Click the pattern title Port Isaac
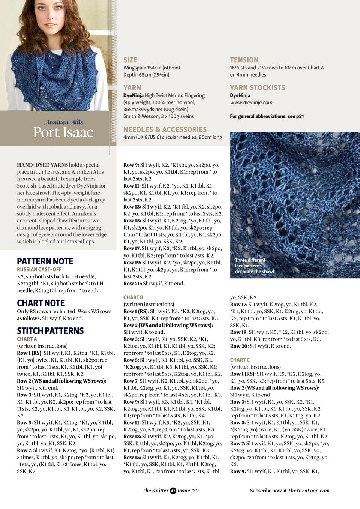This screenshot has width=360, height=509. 63,132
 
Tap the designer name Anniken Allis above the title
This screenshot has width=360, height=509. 64,122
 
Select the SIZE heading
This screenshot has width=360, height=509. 130,60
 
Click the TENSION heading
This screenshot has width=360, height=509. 244,60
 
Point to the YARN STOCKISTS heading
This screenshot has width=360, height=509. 257,88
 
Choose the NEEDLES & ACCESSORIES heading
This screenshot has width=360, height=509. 165,129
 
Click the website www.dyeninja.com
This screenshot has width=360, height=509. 251,102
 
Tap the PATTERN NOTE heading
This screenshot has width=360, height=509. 45,261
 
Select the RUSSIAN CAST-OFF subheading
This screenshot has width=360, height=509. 39,270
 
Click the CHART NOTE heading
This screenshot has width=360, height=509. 41,303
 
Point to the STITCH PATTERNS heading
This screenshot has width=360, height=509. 50,331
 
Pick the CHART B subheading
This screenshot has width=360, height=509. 133,297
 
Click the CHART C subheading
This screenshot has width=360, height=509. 240,360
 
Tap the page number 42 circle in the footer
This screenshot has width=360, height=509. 173,491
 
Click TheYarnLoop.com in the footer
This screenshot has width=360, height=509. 309,491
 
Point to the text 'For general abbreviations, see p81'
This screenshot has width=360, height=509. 267,116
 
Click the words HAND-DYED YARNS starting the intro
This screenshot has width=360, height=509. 42,165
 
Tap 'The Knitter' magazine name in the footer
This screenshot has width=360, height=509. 155,491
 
